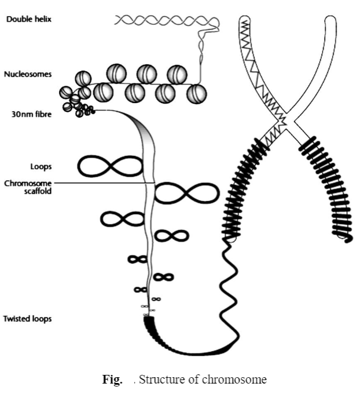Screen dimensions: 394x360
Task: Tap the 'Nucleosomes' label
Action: click(x=28, y=74)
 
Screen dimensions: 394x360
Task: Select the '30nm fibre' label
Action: click(x=28, y=114)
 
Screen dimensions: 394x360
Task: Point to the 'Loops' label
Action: click(x=41, y=166)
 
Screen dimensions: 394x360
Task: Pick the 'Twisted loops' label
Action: click(x=28, y=319)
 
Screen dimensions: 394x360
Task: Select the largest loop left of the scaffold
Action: click(x=110, y=166)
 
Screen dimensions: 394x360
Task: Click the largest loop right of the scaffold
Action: click(x=186, y=193)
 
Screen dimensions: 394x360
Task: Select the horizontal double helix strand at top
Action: click(x=165, y=21)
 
